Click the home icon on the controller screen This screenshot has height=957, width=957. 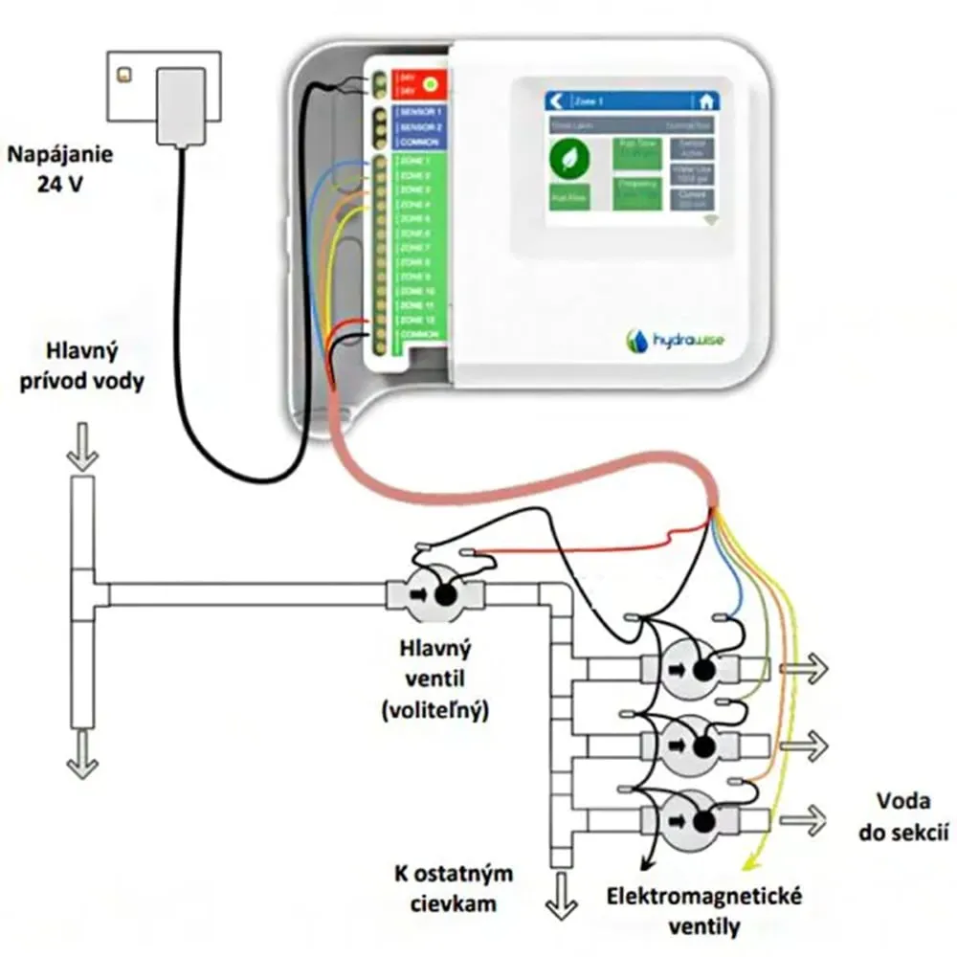click(705, 100)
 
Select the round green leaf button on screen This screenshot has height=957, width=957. click(570, 158)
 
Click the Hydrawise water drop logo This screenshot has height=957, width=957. click(636, 341)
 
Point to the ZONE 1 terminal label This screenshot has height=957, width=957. click(414, 161)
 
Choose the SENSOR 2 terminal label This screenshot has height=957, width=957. click(418, 127)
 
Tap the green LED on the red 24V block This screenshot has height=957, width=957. click(430, 84)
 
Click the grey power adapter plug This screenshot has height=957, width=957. click(180, 105)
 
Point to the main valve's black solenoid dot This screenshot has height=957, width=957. click(445, 594)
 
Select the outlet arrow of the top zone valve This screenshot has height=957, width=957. click(804, 670)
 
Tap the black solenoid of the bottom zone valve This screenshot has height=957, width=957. click(704, 820)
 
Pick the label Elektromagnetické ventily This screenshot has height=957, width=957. click(704, 912)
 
